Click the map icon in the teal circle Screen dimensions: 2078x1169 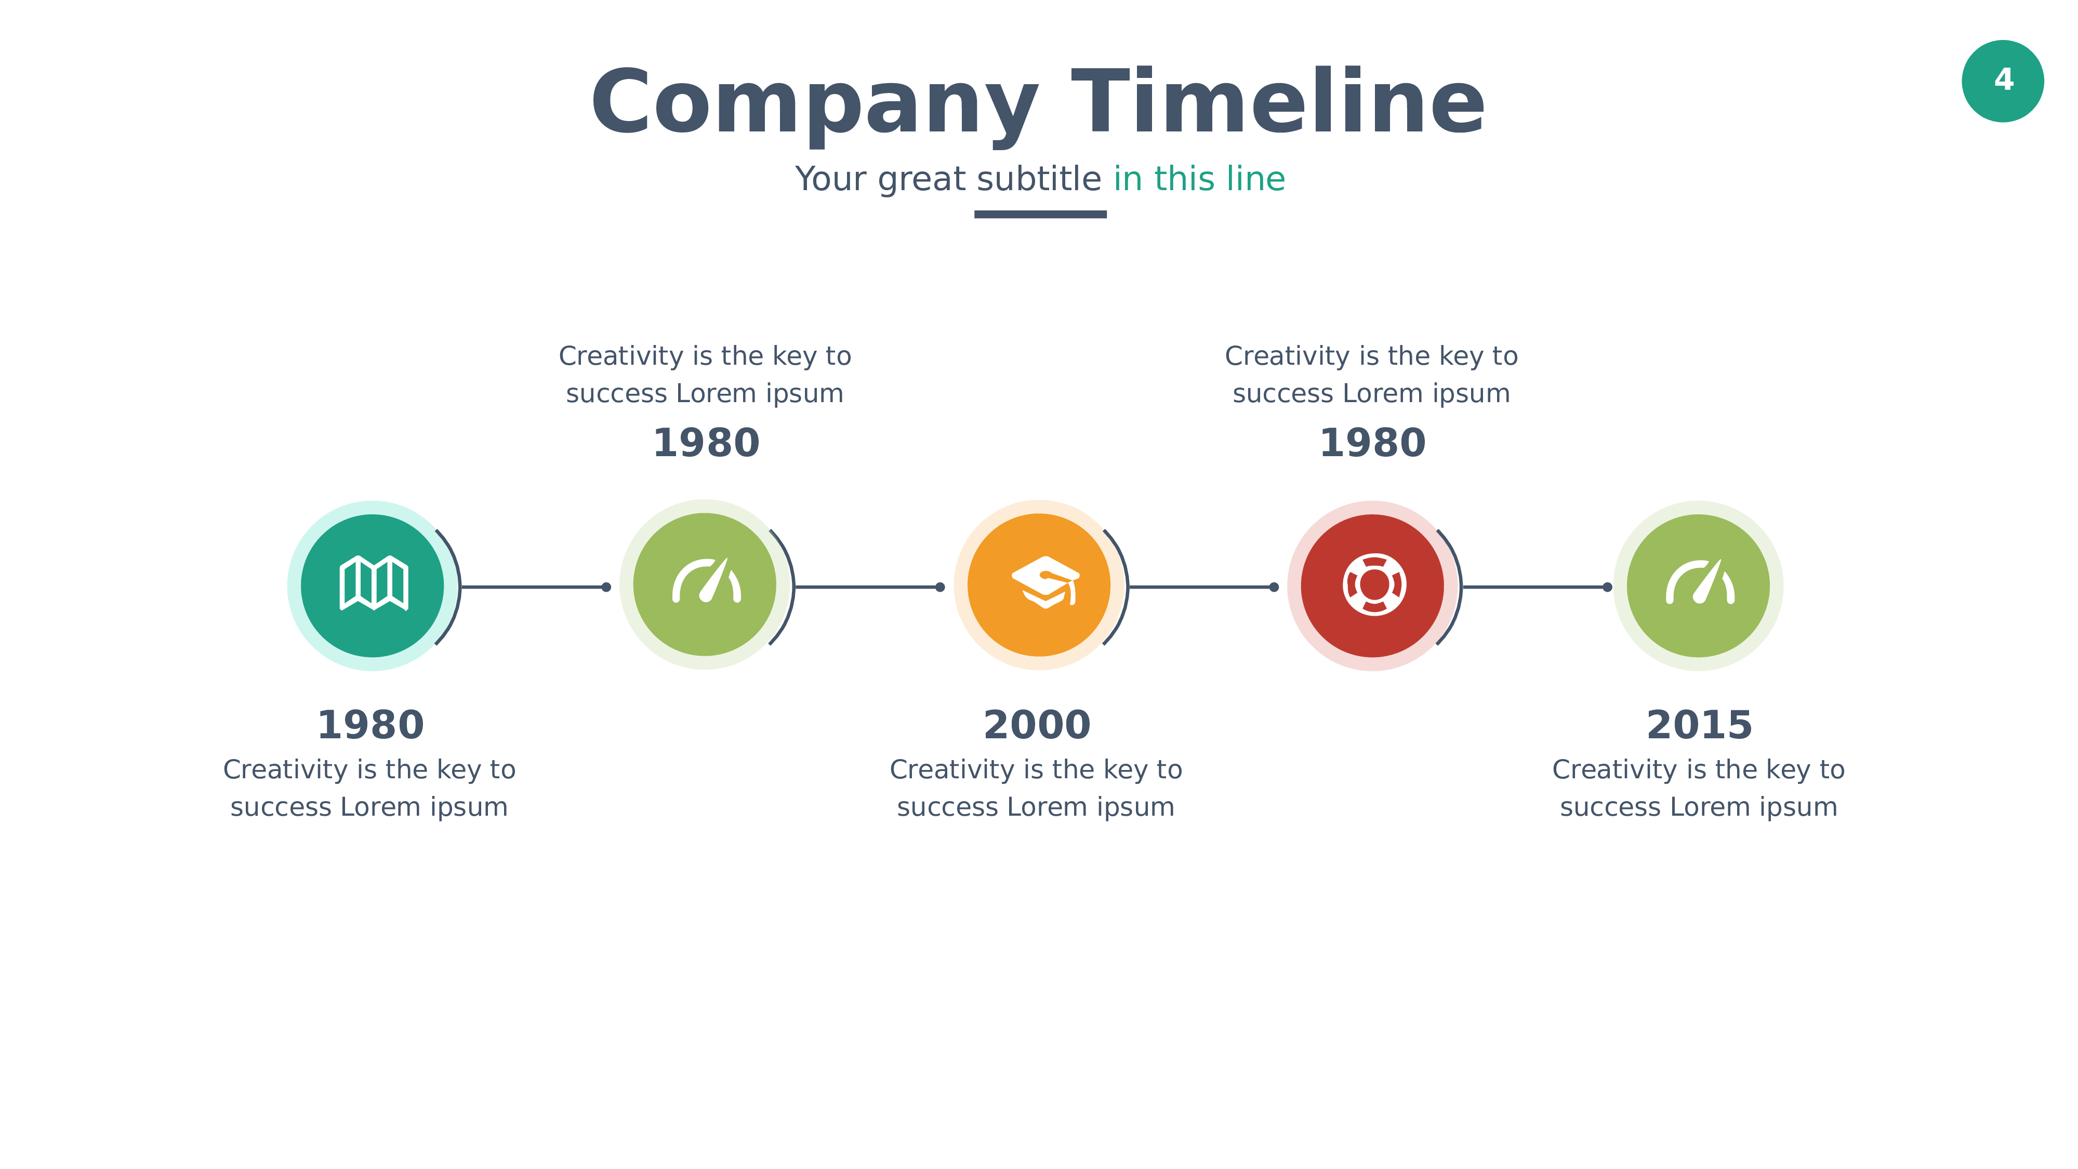(x=374, y=583)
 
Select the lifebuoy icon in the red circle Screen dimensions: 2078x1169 (x=1374, y=584)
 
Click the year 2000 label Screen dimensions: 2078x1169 (x=1037, y=724)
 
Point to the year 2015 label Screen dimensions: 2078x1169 (x=1699, y=724)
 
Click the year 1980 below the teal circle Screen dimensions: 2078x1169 (x=370, y=724)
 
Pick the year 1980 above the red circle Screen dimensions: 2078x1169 (x=1372, y=443)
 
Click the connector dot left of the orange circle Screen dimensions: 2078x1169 (x=940, y=587)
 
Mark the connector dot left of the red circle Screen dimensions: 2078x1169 (x=1274, y=587)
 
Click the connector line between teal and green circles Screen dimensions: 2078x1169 (x=533, y=587)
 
